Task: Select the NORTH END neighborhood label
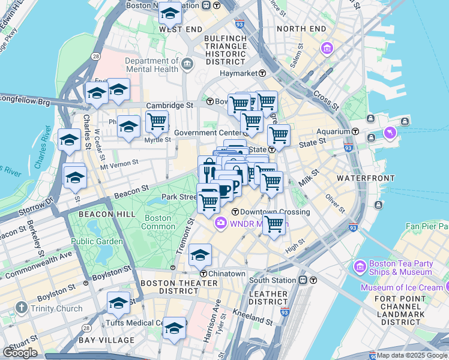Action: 301,29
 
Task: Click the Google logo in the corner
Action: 20,353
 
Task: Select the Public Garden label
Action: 97,241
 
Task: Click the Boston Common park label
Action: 158,223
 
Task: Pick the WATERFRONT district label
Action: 366,178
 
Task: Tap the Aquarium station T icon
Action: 355,131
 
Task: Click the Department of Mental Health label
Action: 151,65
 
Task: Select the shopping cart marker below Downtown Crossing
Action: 274,225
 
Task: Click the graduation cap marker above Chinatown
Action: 200,255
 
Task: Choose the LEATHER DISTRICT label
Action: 268,298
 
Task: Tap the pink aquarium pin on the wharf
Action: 391,131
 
